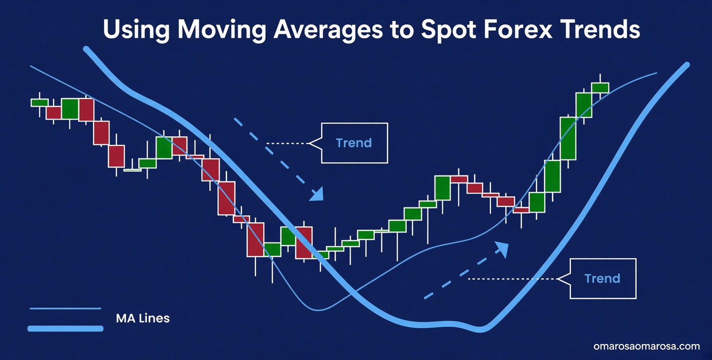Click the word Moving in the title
pos(221,30)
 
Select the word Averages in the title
pos(328,30)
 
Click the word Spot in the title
pos(448,30)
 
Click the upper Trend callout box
pos(354,143)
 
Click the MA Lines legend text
pos(142,318)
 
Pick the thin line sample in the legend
pos(65,308)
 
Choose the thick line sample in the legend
pos(65,328)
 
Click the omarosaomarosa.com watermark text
pos(646,346)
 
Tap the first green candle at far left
pos(39,102)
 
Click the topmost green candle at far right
pos(600,87)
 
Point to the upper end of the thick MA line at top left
pos(86,49)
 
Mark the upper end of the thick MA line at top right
pos(686,65)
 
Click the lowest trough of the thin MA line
pos(318,310)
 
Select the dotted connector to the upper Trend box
pos(287,143)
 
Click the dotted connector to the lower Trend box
pos(512,278)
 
